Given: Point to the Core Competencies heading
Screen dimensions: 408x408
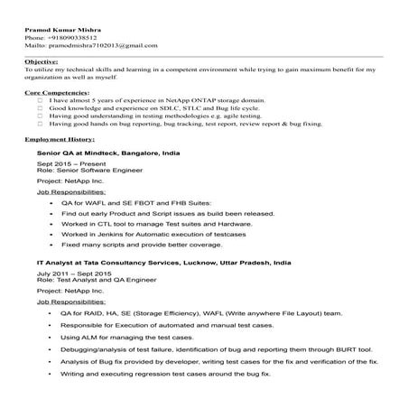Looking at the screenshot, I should coord(57,92).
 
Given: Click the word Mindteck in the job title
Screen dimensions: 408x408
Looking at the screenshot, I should coord(98,155).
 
